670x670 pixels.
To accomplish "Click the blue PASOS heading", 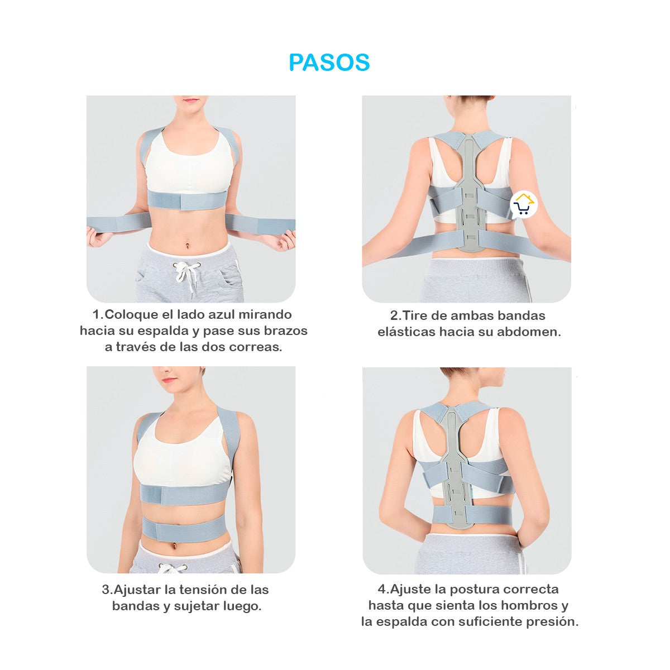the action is pyautogui.click(x=329, y=63).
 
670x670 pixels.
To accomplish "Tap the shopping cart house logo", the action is pyautogui.click(x=524, y=205).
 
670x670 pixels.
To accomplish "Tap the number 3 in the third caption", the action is pyautogui.click(x=106, y=590).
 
